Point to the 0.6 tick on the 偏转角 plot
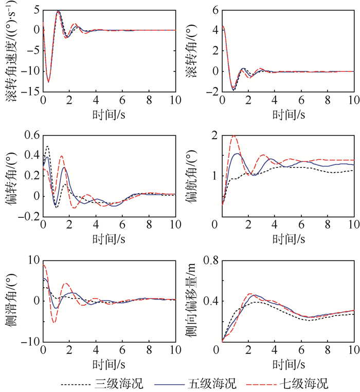click(31, 136)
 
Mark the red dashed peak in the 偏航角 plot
click(235, 136)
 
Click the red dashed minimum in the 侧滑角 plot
click(54, 322)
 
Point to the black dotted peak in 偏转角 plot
click(48, 146)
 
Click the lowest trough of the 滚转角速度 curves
click(48, 82)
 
